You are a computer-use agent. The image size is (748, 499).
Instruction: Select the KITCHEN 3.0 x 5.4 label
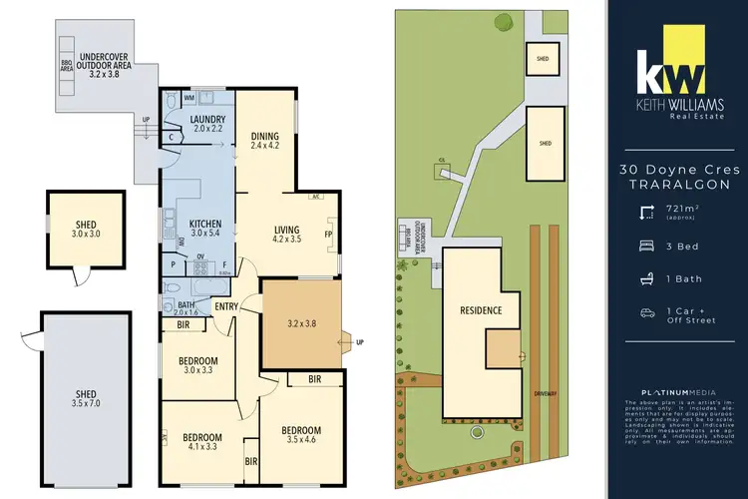tap(202, 228)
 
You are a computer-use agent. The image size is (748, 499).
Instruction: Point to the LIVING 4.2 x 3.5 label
tap(286, 235)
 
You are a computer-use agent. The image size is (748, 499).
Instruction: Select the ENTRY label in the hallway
tap(225, 306)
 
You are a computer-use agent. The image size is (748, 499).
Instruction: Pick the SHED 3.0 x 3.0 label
tap(82, 231)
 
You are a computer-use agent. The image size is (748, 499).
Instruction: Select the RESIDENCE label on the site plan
tap(481, 309)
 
